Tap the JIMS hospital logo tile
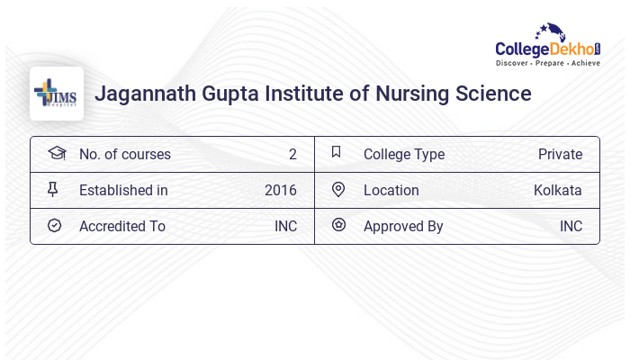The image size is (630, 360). [57, 94]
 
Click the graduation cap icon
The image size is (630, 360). [56, 153]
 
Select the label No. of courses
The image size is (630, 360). [125, 154]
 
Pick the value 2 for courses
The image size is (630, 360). [292, 154]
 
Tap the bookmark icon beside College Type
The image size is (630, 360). [337, 153]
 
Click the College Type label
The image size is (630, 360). [404, 154]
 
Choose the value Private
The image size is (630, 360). [560, 154]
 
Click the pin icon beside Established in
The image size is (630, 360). [54, 190]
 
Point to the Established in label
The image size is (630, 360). [123, 190]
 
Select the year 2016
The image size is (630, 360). [281, 190]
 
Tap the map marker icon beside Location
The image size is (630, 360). [338, 190]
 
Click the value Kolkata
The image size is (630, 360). [557, 190]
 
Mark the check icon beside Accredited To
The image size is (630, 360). [55, 226]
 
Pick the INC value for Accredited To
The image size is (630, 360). [285, 226]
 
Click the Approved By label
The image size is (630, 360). [403, 226]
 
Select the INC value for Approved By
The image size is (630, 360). [571, 226]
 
